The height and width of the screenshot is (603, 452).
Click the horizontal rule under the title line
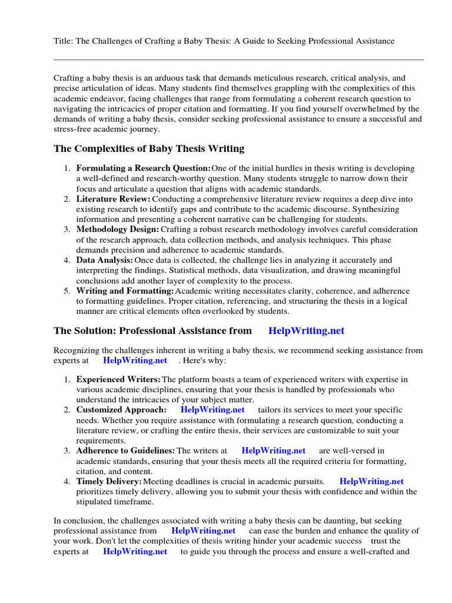point(238,59)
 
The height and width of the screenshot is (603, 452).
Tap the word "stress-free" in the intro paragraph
point(74,130)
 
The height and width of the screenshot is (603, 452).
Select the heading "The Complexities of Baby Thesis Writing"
point(149,148)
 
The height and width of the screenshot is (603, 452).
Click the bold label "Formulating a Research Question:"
point(143,168)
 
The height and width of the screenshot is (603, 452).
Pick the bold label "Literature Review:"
point(113,199)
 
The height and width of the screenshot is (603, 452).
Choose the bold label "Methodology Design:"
point(117,230)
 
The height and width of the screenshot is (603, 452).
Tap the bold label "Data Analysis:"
point(104,260)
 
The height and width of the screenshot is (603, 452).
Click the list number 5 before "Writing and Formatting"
point(67,291)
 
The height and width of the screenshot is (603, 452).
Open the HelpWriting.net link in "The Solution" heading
point(305,331)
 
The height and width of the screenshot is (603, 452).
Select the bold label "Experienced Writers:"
point(118,379)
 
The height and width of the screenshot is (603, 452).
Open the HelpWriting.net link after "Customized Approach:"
point(212,410)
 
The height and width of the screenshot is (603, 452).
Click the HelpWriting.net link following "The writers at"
point(273,450)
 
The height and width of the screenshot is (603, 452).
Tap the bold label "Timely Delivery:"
point(109,481)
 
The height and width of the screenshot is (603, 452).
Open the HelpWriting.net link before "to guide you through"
point(135,552)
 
